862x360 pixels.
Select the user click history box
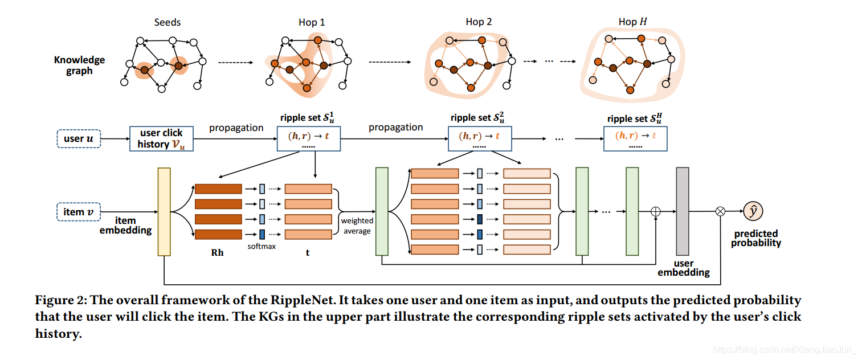pos(161,138)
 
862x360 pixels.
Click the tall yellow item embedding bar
pos(164,211)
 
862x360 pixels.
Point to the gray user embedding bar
pos(683,211)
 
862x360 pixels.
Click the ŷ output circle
pos(753,211)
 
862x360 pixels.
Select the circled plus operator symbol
pos(656,211)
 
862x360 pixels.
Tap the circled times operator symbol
pos(721,211)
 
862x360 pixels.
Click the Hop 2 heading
pos(479,22)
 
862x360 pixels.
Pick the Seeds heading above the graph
pos(168,22)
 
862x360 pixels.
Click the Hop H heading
pos(632,22)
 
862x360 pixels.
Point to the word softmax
pos(262,247)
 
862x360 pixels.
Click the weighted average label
pos(357,226)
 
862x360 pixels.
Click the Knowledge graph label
pos(79,65)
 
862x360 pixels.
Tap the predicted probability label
pos(756,238)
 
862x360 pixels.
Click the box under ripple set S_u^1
pos(308,139)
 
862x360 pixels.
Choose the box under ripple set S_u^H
pos(635,139)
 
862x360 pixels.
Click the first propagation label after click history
pos(236,128)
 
